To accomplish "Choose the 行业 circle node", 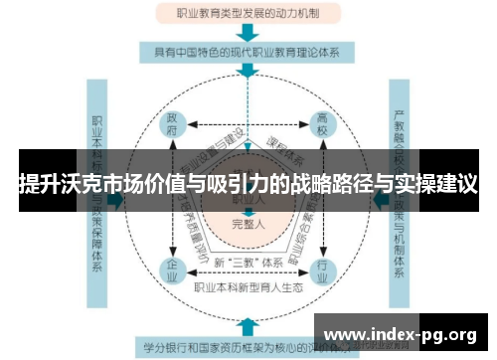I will [321, 270].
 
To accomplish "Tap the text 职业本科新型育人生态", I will [248, 286].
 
